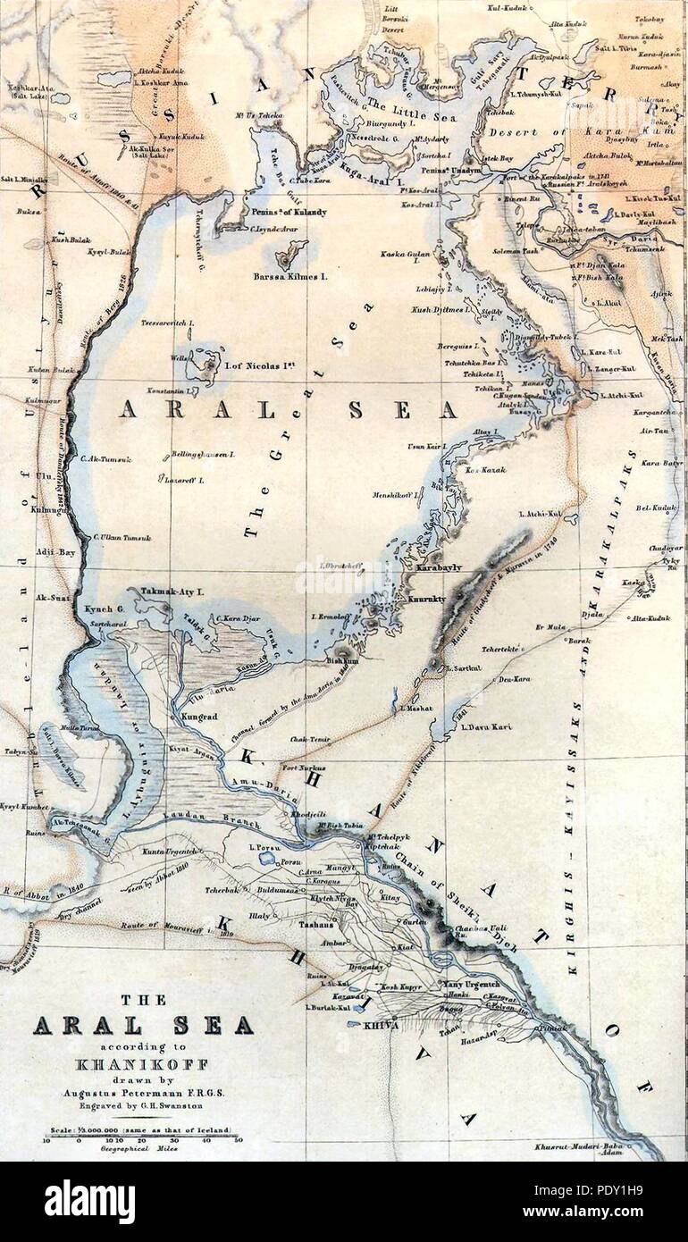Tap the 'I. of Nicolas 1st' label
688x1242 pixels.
click(x=262, y=365)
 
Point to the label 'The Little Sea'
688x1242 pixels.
click(x=399, y=104)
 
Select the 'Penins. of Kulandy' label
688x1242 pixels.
click(x=286, y=212)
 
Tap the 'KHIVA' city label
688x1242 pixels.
click(x=380, y=1026)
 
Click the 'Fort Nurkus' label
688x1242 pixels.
click(x=305, y=768)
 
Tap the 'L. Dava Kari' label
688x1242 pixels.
click(x=486, y=727)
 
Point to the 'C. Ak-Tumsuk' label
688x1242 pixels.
click(x=105, y=459)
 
